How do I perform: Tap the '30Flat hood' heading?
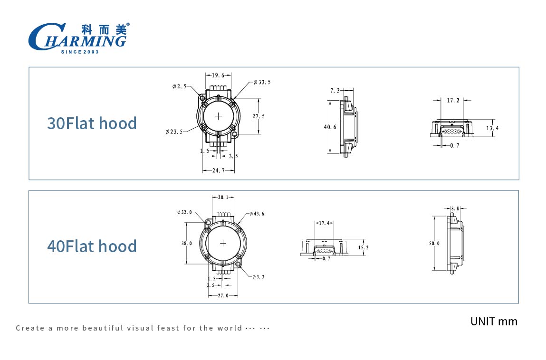pyautogui.click(x=92, y=123)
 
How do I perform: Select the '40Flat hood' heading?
pyautogui.click(x=92, y=246)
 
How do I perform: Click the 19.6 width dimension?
pyautogui.click(x=218, y=75)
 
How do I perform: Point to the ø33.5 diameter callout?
pyautogui.click(x=262, y=82)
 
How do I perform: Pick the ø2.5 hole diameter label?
pyautogui.click(x=180, y=86)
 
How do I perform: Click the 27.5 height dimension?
pyautogui.click(x=259, y=116)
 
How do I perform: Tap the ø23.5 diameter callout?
pyautogui.click(x=174, y=132)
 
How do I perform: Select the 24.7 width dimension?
pyautogui.click(x=218, y=170)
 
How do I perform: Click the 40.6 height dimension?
pyautogui.click(x=330, y=127)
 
